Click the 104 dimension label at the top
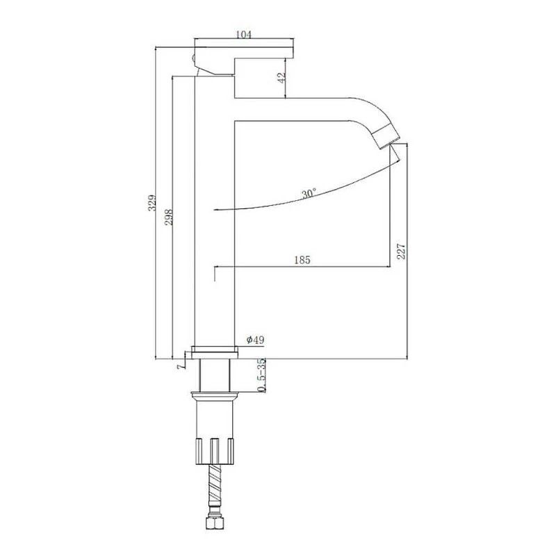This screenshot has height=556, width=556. [244, 34]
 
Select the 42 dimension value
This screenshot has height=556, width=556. [281, 78]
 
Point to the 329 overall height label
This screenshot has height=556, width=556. [152, 202]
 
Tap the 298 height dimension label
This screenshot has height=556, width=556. [169, 217]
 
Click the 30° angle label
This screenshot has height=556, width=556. [309, 194]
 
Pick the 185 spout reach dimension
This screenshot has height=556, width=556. [302, 260]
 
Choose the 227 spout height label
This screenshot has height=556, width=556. [401, 251]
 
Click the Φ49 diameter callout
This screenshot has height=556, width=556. [255, 340]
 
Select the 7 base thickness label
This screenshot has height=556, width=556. [181, 366]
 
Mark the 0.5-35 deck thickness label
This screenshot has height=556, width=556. [261, 375]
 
